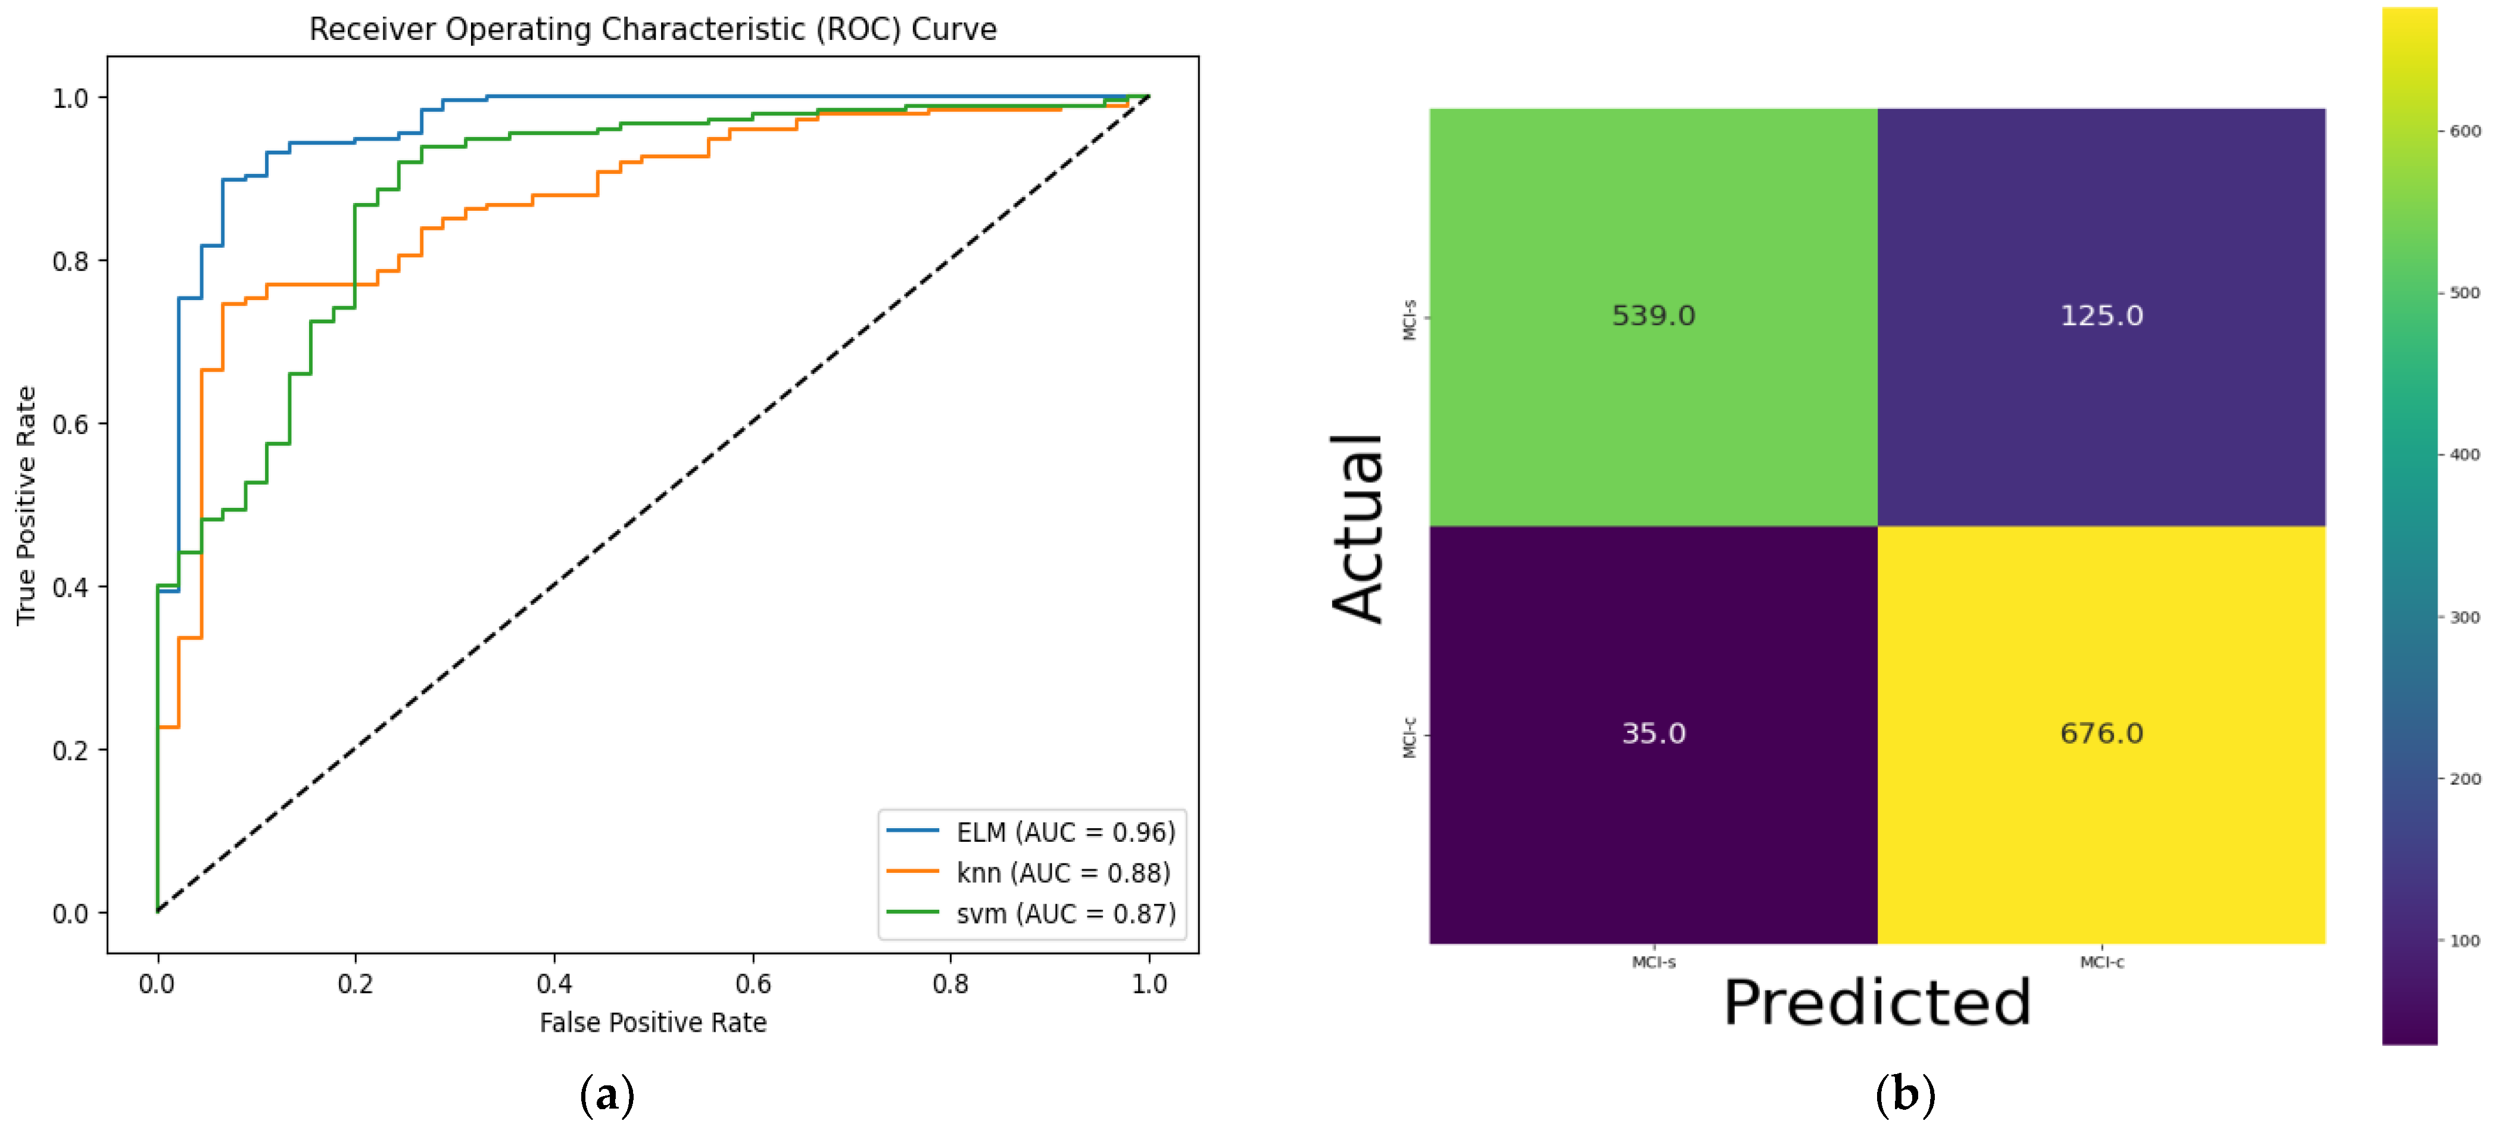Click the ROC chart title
pyautogui.click(x=652, y=29)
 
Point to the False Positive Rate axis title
pyautogui.click(x=652, y=1022)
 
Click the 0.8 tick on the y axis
pyautogui.click(x=70, y=262)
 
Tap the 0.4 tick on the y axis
pyautogui.click(x=70, y=588)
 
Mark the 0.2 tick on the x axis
pyautogui.click(x=355, y=984)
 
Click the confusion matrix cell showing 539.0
pyautogui.click(x=1653, y=316)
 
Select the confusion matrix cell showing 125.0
pyautogui.click(x=2101, y=316)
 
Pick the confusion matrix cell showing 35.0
pyautogui.click(x=1653, y=734)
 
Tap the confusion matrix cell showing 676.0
pyautogui.click(x=2101, y=734)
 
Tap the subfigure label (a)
pyautogui.click(x=607, y=1095)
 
